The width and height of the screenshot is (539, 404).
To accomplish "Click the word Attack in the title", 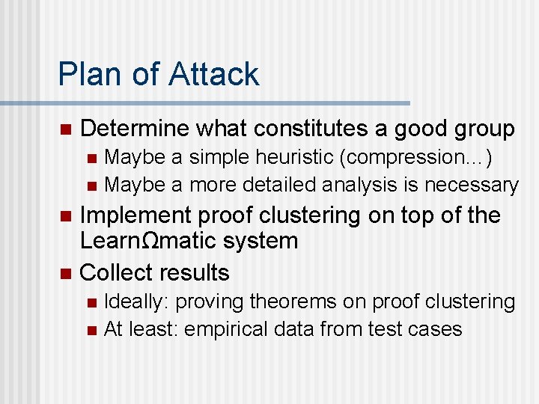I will coord(214,75).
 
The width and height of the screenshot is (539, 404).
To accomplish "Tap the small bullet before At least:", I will coord(91,329).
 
